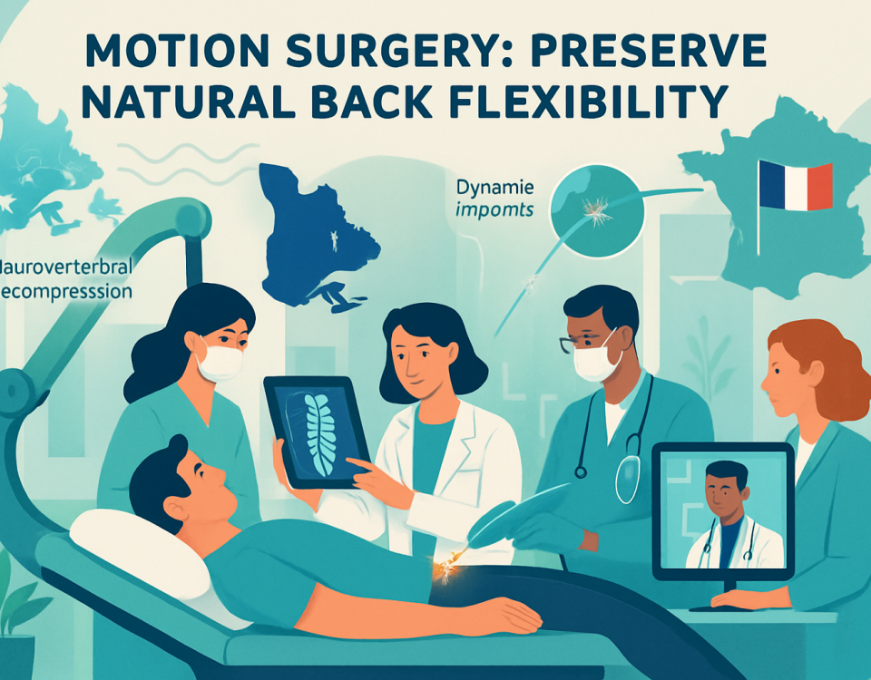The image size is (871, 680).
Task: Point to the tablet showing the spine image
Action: [317, 431]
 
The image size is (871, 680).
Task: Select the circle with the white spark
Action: [595, 209]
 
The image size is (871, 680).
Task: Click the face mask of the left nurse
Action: [220, 362]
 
